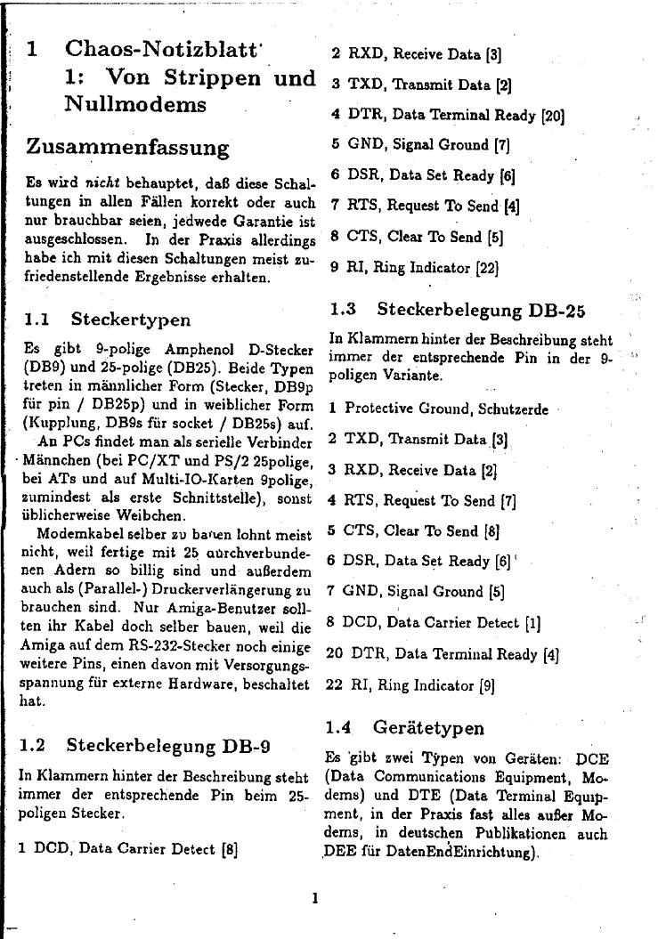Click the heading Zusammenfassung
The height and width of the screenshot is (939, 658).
(127, 146)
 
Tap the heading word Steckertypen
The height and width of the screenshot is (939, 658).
(131, 318)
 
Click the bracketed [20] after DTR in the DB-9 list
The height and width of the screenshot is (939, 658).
(552, 115)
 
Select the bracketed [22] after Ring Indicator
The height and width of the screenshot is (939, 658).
(485, 266)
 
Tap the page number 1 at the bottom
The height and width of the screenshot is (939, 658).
(314, 897)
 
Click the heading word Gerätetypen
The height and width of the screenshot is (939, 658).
(429, 727)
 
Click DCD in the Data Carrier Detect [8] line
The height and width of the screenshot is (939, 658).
(50, 848)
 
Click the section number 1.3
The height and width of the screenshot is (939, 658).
(343, 310)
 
